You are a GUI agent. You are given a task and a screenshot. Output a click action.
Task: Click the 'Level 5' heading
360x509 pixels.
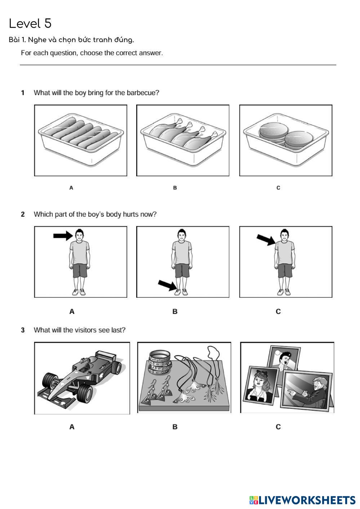[30, 23]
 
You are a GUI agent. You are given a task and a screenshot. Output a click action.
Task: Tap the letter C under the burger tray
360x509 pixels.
[278, 188]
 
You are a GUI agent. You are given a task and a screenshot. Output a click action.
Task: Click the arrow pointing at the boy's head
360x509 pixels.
[63, 236]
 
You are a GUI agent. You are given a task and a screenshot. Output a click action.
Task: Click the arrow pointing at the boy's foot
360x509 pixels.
[168, 285]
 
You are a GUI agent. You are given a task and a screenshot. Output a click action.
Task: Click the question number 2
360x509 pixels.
[23, 214]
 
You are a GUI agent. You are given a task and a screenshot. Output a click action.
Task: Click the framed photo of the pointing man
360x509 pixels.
[307, 391]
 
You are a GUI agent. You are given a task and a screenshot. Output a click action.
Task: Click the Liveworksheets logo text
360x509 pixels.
[307, 500]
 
